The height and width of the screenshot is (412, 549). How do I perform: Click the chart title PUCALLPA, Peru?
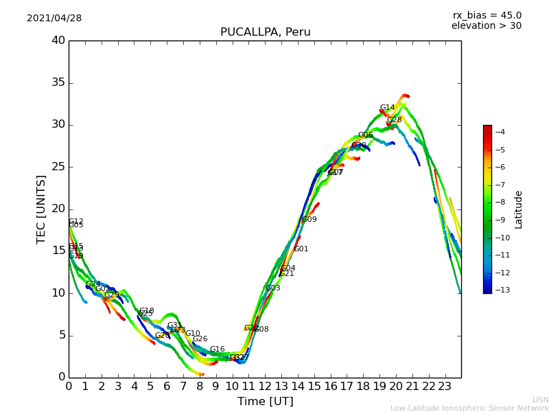point(265,32)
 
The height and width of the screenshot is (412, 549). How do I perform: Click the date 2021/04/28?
point(54,19)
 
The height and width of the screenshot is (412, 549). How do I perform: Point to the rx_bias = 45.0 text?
point(487,15)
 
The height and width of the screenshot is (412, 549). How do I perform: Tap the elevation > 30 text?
point(487,26)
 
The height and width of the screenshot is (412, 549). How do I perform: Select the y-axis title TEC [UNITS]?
point(41,209)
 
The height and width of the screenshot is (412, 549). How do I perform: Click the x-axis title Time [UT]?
point(265,401)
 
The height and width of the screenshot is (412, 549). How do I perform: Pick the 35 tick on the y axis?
point(58,82)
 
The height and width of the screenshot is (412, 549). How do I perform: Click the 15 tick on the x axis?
point(314,386)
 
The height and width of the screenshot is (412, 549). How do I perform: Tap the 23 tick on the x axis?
point(445,386)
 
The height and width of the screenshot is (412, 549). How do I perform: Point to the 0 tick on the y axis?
point(62,377)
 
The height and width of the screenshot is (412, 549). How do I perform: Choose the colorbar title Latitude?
point(519,209)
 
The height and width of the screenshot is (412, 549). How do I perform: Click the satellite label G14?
point(387,108)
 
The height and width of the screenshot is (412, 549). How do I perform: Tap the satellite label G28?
point(394,120)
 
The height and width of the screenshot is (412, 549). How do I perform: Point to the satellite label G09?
point(309,220)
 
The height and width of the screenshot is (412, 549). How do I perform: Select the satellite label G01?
point(301,249)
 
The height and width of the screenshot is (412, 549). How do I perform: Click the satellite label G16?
point(217,350)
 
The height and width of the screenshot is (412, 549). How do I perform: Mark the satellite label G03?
point(273,288)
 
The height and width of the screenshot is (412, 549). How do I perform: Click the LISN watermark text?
point(540,400)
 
